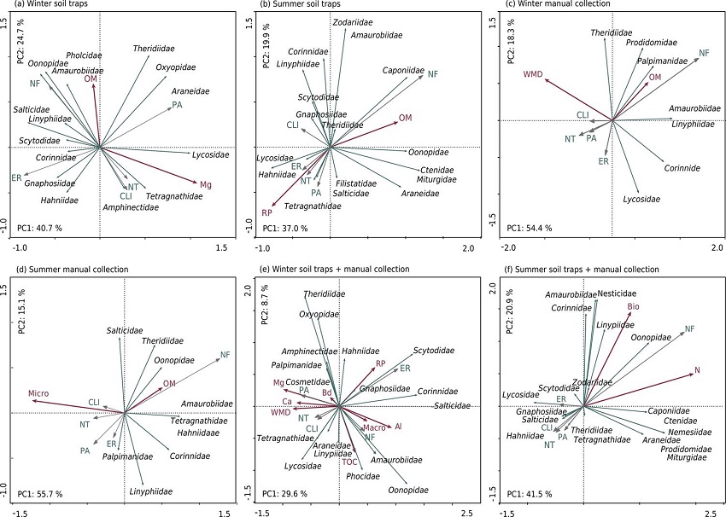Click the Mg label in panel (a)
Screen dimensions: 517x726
point(206,183)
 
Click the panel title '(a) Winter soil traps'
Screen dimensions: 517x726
point(43,4)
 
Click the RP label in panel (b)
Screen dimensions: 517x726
point(266,212)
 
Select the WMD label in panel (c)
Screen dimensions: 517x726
point(534,74)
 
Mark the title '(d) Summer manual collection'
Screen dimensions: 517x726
point(66,270)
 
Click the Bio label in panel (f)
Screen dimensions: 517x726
point(633,305)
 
